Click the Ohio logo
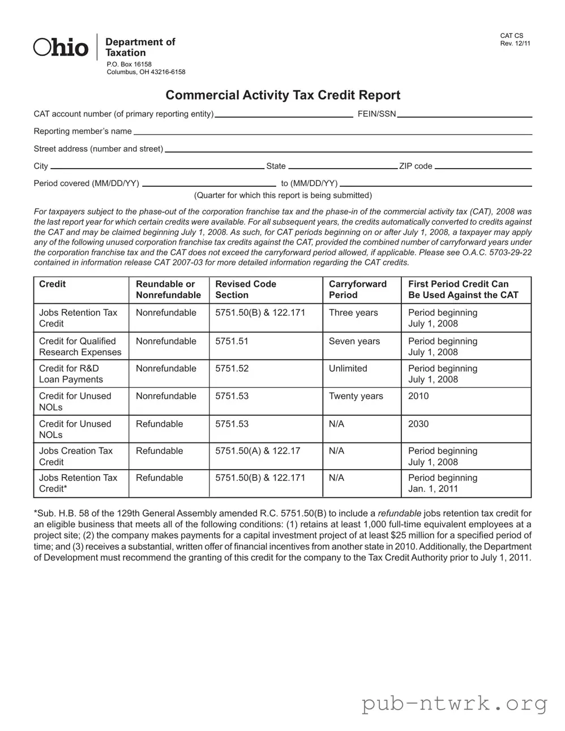pyautogui.click(x=61, y=48)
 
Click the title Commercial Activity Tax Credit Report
pyautogui.click(x=282, y=95)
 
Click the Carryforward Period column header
pyautogui.click(x=358, y=290)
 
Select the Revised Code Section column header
pyautogui.click(x=246, y=290)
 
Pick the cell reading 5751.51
pyautogui.click(x=232, y=341)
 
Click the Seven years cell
pyautogui.click(x=354, y=341)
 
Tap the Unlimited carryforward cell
pyautogui.click(x=348, y=368)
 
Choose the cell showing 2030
pyautogui.click(x=418, y=424)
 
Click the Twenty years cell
pyautogui.click(x=356, y=396)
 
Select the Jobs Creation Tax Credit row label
pyautogui.click(x=76, y=456)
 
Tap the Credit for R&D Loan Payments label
pyautogui.click(x=71, y=374)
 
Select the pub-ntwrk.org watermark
pyautogui.click(x=455, y=704)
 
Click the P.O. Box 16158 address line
pyautogui.click(x=129, y=64)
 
